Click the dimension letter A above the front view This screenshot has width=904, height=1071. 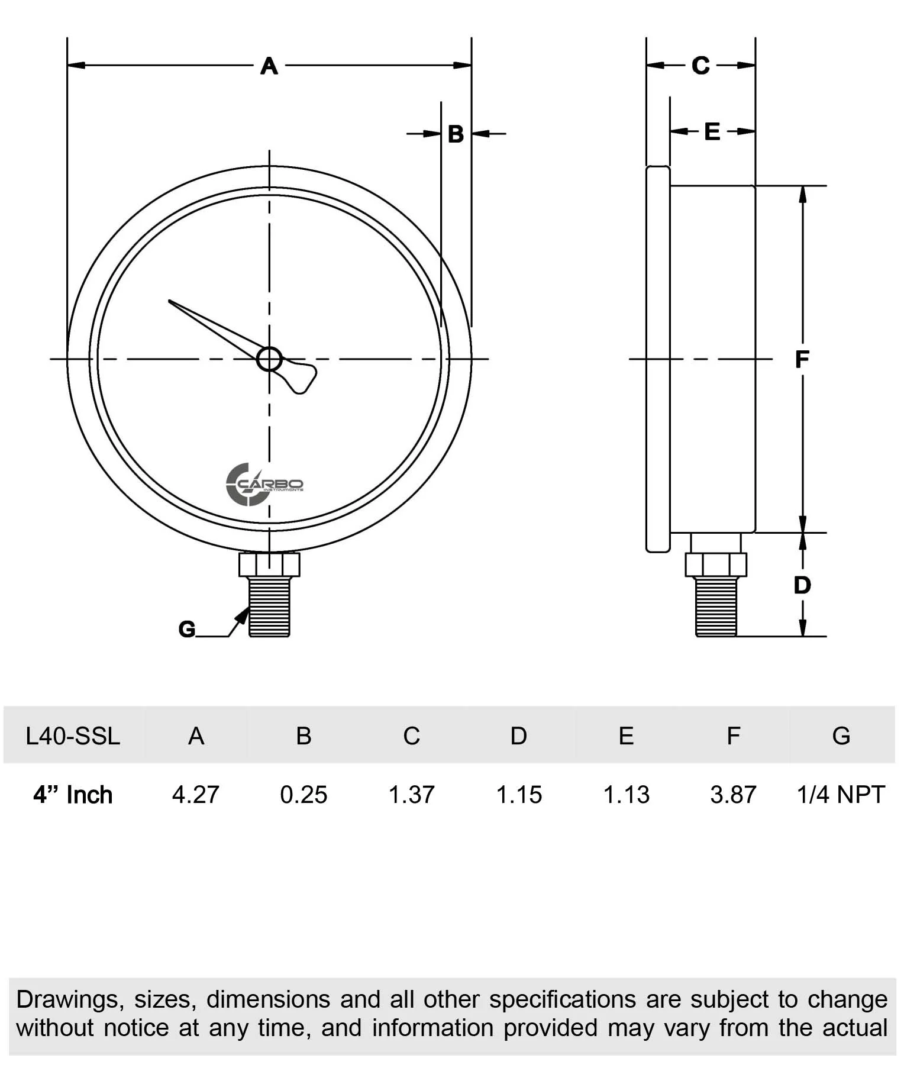point(269,66)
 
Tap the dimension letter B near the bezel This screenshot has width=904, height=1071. point(456,134)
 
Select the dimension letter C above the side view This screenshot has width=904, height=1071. point(700,66)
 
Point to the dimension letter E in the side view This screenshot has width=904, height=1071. point(712,131)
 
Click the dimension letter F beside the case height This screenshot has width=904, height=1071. point(802,359)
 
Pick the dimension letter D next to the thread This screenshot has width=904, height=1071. point(802,585)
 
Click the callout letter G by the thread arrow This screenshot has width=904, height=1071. point(187,629)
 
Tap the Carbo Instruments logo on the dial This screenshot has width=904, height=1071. point(264,485)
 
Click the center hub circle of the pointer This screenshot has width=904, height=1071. point(270,359)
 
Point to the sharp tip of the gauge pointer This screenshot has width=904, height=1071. point(170,302)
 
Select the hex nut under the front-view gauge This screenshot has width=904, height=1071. point(270,564)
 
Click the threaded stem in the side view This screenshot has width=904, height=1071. point(716,606)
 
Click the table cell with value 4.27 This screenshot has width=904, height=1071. point(196,795)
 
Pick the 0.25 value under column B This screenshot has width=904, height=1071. point(304,795)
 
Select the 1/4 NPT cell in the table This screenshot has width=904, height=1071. point(841,795)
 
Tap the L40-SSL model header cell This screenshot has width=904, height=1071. point(73,736)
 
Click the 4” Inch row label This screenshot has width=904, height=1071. point(73,795)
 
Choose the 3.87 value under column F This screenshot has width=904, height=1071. point(733,795)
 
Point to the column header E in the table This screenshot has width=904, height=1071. point(626,736)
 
